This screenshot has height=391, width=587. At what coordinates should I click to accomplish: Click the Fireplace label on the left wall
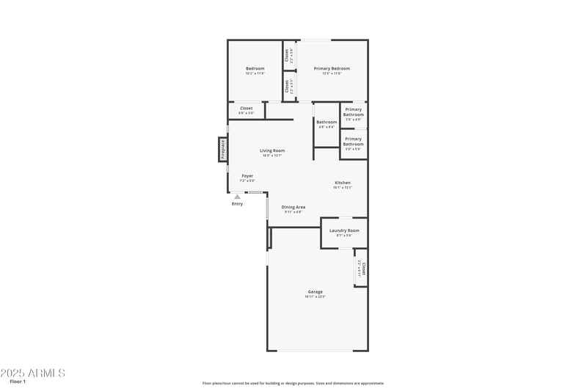223,150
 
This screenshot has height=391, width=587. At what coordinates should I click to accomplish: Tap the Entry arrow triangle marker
237,197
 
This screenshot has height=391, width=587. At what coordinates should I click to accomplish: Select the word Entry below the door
237,204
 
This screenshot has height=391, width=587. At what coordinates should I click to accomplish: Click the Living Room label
272,150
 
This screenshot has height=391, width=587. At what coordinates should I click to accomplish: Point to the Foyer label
247,176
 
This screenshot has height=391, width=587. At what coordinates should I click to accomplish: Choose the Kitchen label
343,183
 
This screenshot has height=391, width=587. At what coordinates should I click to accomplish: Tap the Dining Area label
293,207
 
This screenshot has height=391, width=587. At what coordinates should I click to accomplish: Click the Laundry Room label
344,230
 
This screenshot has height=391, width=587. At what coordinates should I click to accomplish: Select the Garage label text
315,292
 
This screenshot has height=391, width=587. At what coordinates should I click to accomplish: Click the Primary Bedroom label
328,68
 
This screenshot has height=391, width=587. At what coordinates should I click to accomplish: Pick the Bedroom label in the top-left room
255,68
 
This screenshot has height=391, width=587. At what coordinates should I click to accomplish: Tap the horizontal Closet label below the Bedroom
247,108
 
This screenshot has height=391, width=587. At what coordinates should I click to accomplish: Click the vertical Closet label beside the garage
363,268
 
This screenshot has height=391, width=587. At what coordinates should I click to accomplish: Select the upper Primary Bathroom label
354,112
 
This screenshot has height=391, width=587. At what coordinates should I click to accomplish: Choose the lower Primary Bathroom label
354,141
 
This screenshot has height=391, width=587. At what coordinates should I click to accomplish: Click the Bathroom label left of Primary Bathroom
327,122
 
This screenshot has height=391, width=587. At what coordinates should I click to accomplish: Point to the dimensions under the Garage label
315,296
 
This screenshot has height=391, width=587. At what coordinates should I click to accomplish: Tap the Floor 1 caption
18,382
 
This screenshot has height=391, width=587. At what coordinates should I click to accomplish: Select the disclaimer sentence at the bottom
293,383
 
